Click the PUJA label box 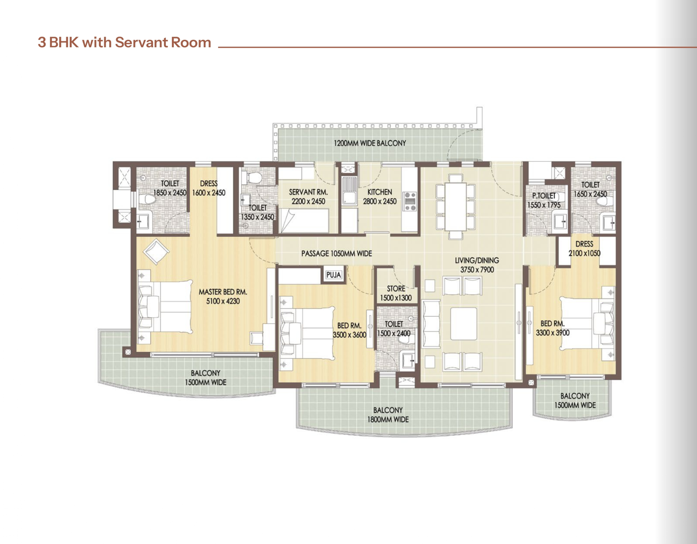coord(334,275)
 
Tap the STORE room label coord(396,289)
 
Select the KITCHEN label coord(380,192)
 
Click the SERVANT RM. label coord(308,192)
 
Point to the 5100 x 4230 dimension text coord(223,301)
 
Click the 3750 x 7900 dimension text coord(477,270)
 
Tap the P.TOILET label coord(544,196)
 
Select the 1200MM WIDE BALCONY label coord(370,143)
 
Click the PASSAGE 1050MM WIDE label coord(337,253)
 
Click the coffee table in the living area coord(464,324)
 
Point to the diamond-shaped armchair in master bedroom coord(156,252)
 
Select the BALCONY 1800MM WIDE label coord(388,415)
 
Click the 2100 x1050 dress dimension coord(584,253)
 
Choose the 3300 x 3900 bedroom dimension coord(553,333)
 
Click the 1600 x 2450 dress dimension coord(209,193)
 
